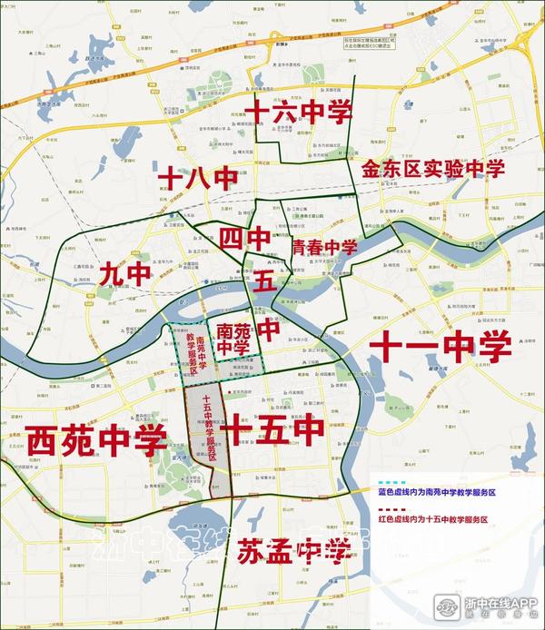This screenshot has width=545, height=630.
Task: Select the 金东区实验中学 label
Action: coord(432,169)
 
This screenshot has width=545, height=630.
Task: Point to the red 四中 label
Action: coord(244,239)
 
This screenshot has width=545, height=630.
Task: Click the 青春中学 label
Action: coord(324,247)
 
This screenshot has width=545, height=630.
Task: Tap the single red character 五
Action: coord(264,281)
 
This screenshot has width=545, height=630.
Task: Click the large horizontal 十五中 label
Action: coord(273,425)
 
